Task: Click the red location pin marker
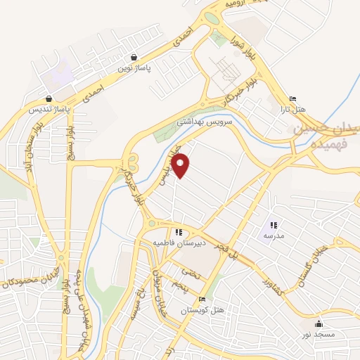tap(181, 165)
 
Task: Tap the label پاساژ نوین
tap(134, 68)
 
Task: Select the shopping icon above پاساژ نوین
tap(134, 58)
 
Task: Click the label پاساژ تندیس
tap(48, 110)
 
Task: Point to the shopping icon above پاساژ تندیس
tap(48, 99)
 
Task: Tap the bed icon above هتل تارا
tap(293, 98)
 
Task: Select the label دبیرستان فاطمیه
tap(179, 243)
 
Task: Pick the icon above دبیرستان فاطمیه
tap(179, 232)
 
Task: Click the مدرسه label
tap(273, 236)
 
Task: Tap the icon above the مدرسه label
tap(273, 225)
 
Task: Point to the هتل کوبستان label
tap(202, 310)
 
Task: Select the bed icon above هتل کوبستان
tap(202, 299)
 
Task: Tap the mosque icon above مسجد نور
tap(319, 323)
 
